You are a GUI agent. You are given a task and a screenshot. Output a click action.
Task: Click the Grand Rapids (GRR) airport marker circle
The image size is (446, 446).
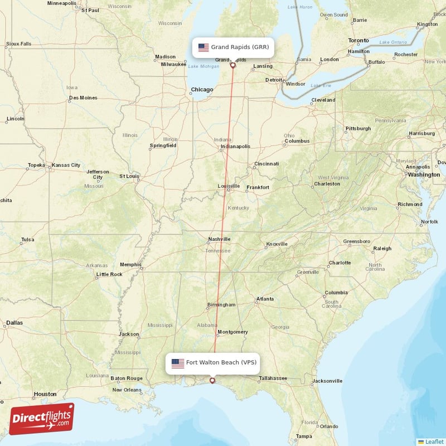(233, 65)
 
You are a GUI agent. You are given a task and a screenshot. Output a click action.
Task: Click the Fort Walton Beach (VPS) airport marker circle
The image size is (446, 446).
(212, 381)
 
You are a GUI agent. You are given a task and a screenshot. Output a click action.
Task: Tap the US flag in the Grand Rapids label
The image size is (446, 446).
(203, 47)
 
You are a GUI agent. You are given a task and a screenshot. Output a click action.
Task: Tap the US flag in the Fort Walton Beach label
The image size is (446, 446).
(178, 363)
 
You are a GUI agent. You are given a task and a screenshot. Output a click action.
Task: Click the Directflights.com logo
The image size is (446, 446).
(42, 419)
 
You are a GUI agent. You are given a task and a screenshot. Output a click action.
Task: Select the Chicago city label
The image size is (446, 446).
(202, 89)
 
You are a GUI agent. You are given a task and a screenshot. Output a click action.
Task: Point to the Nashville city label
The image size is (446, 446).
(219, 239)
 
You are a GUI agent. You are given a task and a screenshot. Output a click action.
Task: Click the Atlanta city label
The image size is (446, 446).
(265, 299)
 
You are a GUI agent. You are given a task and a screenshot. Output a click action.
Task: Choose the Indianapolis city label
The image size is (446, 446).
(235, 147)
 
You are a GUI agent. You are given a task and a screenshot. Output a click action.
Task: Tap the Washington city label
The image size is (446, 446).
(424, 174)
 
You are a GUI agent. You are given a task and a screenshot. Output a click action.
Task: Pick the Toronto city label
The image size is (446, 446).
(358, 41)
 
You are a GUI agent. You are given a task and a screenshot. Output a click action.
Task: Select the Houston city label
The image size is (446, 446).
(45, 394)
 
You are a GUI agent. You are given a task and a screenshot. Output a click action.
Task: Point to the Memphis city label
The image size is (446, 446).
(130, 265)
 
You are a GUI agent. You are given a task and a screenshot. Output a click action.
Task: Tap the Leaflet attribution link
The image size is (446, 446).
(434, 441)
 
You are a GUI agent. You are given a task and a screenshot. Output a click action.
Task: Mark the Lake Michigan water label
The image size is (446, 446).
(203, 66)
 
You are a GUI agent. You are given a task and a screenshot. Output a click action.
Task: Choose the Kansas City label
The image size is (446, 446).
(66, 165)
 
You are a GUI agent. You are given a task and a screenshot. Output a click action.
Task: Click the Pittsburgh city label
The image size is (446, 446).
(358, 128)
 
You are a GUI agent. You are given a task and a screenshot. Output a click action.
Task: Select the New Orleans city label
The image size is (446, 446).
(127, 390)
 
